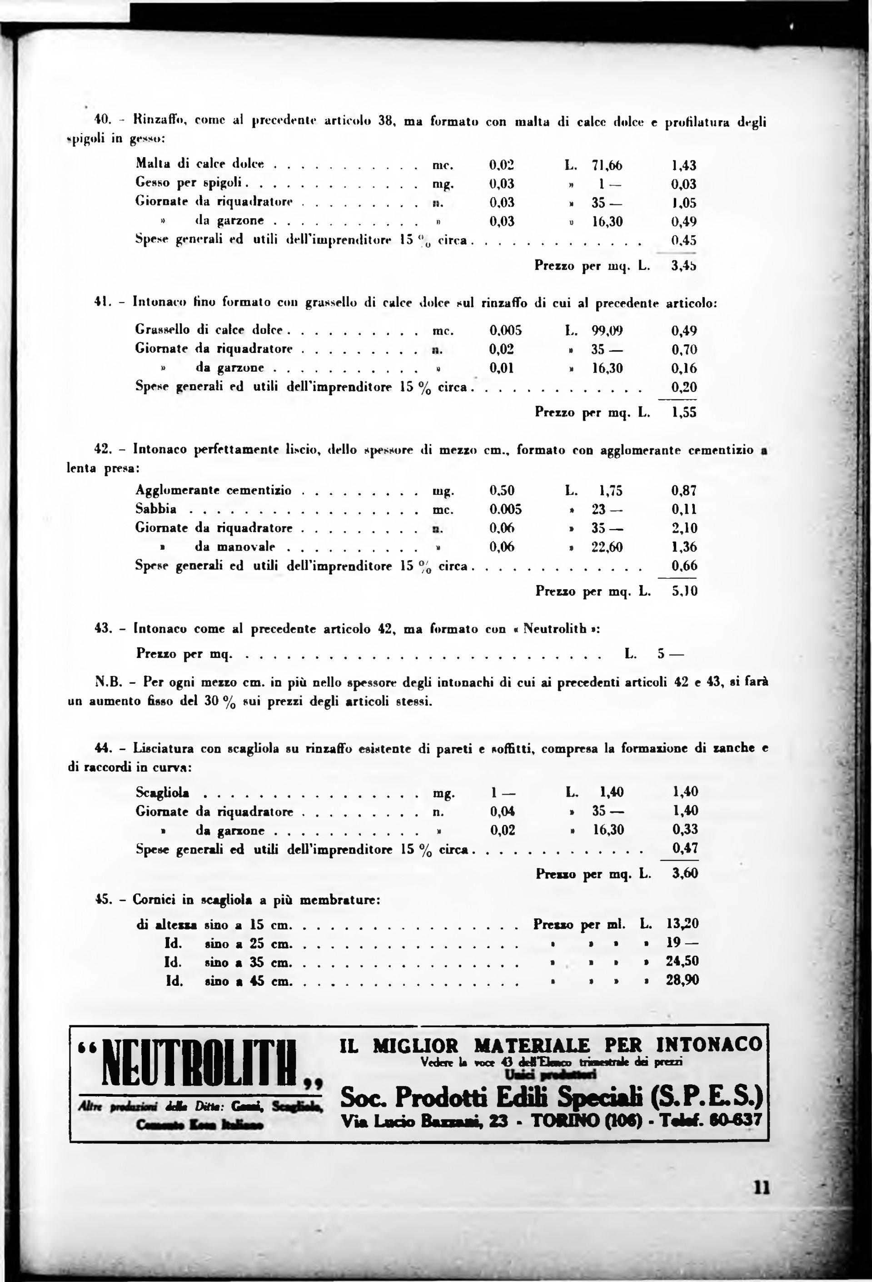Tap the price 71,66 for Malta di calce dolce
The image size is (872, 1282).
pyautogui.click(x=607, y=165)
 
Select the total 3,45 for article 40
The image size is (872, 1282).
pyautogui.click(x=684, y=266)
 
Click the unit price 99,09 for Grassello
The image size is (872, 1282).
pyautogui.click(x=607, y=330)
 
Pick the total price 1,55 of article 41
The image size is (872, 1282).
pyautogui.click(x=684, y=412)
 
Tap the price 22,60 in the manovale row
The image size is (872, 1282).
pyautogui.click(x=607, y=547)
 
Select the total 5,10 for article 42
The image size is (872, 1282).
pyautogui.click(x=685, y=591)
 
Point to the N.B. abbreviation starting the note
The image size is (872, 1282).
pyautogui.click(x=108, y=682)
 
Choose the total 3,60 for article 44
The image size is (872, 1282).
pyautogui.click(x=685, y=873)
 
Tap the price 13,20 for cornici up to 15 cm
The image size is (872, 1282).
pyautogui.click(x=683, y=924)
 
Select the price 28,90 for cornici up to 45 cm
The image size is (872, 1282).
pyautogui.click(x=683, y=980)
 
